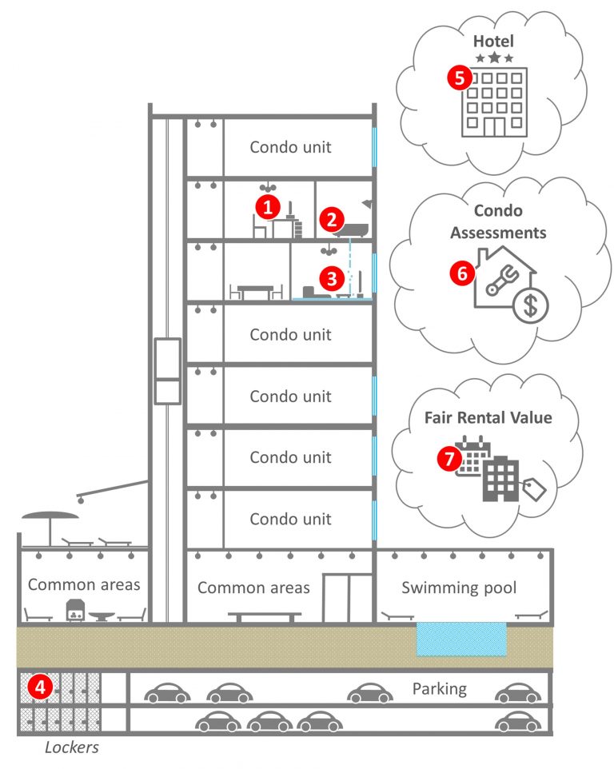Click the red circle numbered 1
[267, 207]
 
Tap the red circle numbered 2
[331, 219]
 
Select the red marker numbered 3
[331, 278]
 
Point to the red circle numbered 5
[458, 78]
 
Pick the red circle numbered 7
[449, 458]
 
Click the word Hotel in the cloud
[493, 40]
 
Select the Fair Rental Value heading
[488, 417]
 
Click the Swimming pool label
[459, 588]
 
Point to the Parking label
[439, 688]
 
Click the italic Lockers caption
[71, 748]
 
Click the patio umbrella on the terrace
[50, 520]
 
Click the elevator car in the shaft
[168, 370]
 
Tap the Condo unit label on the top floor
[289, 147]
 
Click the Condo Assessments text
[498, 221]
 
